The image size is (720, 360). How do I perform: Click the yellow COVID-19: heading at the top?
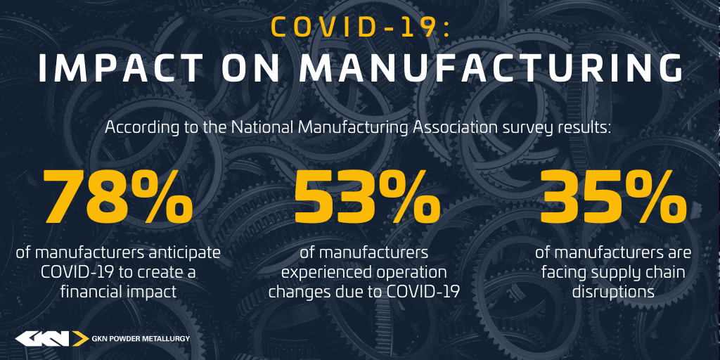point(361,27)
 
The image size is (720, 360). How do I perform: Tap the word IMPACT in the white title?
point(120,69)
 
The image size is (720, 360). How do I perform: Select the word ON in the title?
point(251,69)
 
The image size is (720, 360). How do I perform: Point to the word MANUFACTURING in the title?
point(491,69)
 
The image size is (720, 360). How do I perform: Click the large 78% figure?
point(118,196)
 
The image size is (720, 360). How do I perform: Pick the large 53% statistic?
point(367,196)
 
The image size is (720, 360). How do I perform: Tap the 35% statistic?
point(614,196)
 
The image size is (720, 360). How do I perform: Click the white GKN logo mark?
point(42,338)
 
